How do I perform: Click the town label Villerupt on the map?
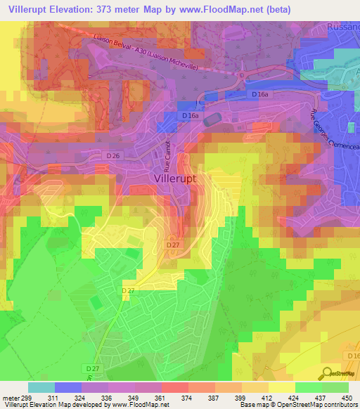tap(175, 179)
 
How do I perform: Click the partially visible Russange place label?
tap(344, 27)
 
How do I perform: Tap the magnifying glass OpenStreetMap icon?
tap(326, 373)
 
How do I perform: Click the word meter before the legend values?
tap(10, 397)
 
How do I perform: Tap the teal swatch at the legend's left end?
tap(41, 387)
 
